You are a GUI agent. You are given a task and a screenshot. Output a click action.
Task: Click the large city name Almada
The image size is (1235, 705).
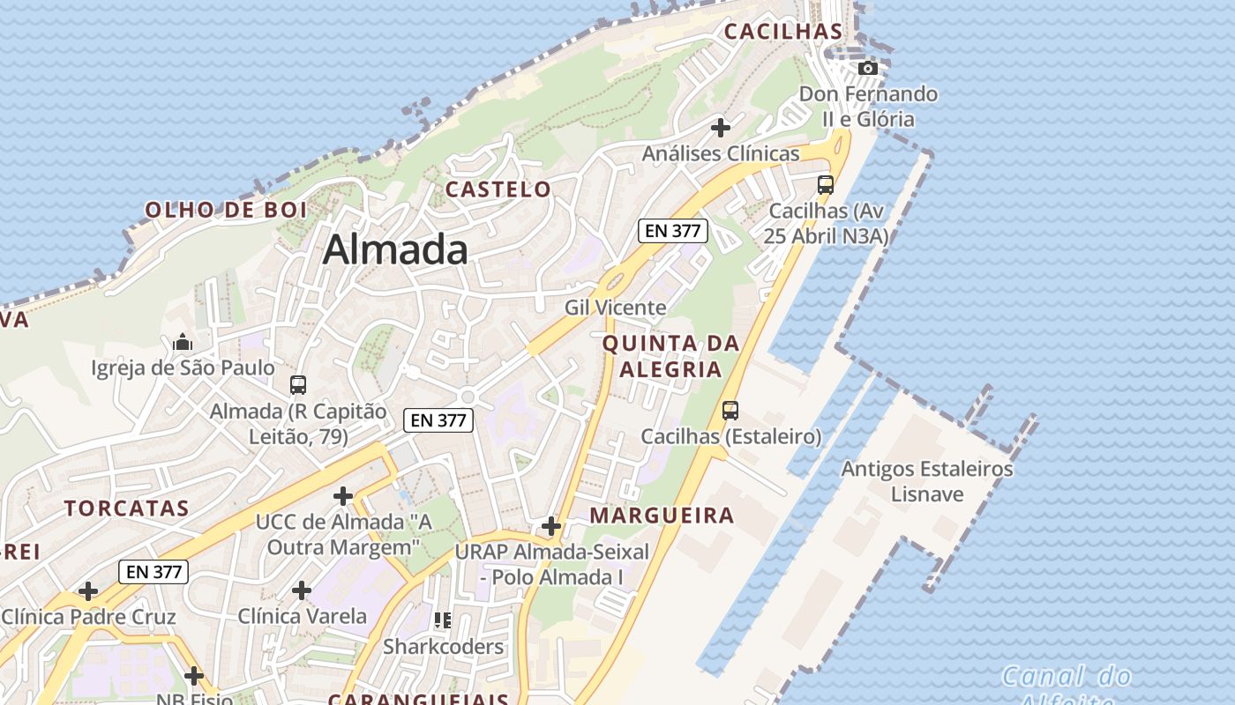click(x=395, y=249)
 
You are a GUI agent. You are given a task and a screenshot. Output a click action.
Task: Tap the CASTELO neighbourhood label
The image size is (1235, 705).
click(x=498, y=189)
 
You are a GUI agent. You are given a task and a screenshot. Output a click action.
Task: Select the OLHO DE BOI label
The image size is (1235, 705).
click(x=226, y=210)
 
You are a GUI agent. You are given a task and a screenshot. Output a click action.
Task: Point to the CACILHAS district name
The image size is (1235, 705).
click(x=783, y=32)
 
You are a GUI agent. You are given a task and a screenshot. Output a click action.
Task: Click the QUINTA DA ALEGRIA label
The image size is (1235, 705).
click(x=670, y=356)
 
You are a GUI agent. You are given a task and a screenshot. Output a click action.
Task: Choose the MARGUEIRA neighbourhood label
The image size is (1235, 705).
click(x=662, y=516)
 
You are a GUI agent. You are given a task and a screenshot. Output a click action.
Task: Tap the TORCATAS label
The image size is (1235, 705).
click(x=126, y=508)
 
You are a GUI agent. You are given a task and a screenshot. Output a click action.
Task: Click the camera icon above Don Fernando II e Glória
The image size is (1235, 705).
click(x=868, y=68)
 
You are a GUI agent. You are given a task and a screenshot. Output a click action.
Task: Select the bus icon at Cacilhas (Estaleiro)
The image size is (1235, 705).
click(x=730, y=410)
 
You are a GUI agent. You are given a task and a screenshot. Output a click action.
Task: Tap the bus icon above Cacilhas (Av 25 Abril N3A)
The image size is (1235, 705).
click(x=826, y=185)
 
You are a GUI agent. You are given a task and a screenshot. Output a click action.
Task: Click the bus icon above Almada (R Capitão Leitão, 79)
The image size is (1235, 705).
click(x=298, y=385)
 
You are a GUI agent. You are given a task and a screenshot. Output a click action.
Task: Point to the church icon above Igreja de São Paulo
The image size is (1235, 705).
click(x=183, y=342)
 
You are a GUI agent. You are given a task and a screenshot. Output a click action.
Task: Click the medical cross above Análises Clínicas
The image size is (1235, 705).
click(x=721, y=127)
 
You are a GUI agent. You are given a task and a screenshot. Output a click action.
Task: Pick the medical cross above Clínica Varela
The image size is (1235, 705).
click(x=302, y=590)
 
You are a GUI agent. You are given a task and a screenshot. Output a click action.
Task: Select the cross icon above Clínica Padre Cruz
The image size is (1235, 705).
click(x=88, y=590)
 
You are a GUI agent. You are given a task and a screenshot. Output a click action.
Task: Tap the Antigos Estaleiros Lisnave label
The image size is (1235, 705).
click(x=926, y=481)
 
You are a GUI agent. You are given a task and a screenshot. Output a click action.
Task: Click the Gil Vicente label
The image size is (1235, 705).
click(x=616, y=308)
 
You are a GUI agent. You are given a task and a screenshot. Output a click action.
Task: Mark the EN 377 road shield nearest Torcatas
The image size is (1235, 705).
click(x=154, y=572)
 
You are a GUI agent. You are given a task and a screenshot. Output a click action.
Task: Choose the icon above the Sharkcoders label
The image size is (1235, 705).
click(x=443, y=620)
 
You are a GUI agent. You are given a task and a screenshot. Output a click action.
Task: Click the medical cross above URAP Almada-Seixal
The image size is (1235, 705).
click(x=551, y=527)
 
